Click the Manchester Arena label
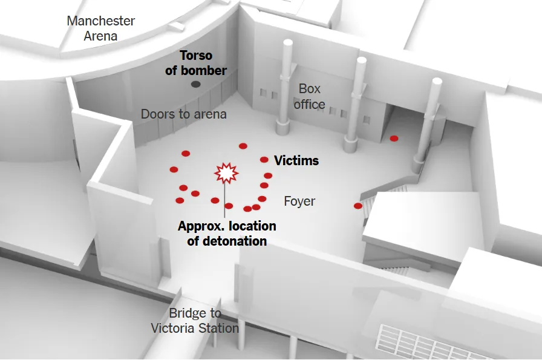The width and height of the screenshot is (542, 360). (x=100, y=28)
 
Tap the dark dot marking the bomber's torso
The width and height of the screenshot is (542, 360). (x=195, y=83)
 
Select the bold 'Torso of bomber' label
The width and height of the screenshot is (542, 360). (x=196, y=63)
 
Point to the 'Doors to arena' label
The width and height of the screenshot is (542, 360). (x=184, y=114)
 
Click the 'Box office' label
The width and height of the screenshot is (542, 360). (x=310, y=97)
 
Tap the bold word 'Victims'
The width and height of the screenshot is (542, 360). (x=296, y=160)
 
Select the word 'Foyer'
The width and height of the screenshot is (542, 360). (x=299, y=201)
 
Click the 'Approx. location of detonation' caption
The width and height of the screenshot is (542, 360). (x=227, y=233)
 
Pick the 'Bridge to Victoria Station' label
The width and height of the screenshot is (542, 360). (x=195, y=321)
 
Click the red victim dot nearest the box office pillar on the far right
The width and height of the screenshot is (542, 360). (x=394, y=139)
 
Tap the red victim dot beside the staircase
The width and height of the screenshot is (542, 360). (x=358, y=206)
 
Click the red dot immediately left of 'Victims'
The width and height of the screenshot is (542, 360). (x=264, y=160)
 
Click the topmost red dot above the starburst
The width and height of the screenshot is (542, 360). (x=243, y=146)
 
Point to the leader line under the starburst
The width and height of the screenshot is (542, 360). (x=225, y=200)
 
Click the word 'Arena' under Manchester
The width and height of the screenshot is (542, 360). (x=100, y=36)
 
